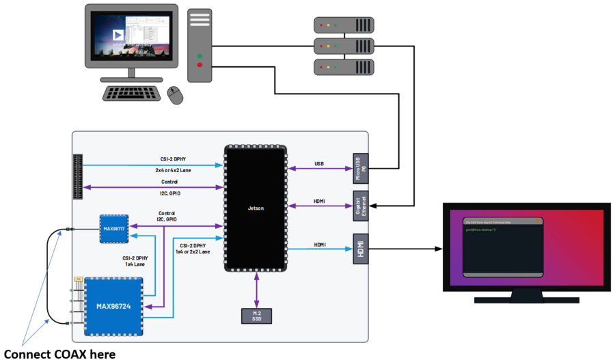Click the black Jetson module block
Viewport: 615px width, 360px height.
pyautogui.click(x=256, y=208)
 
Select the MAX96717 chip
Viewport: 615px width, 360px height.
pyautogui.click(x=113, y=228)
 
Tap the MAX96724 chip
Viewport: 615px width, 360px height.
pyautogui.click(x=113, y=305)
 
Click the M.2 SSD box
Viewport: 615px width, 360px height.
pyautogui.click(x=256, y=315)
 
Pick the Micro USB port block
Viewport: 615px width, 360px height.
pyautogui.click(x=360, y=168)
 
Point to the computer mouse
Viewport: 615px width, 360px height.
pyautogui.click(x=176, y=95)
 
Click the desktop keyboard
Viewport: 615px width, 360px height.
pyautogui.click(x=133, y=93)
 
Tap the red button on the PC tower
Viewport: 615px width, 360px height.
pyautogui.click(x=200, y=65)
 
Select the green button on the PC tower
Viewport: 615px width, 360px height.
pyautogui.click(x=200, y=56)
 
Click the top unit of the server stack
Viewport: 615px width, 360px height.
pyautogui.click(x=344, y=26)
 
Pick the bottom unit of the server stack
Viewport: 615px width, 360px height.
pyautogui.click(x=344, y=68)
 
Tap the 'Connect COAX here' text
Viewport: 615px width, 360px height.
pyautogui.click(x=59, y=353)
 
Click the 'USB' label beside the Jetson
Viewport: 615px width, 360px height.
pyautogui.click(x=319, y=163)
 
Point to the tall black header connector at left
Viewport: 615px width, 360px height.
pyautogui.click(x=77, y=177)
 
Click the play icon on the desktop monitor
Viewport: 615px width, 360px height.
pyautogui.click(x=118, y=35)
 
